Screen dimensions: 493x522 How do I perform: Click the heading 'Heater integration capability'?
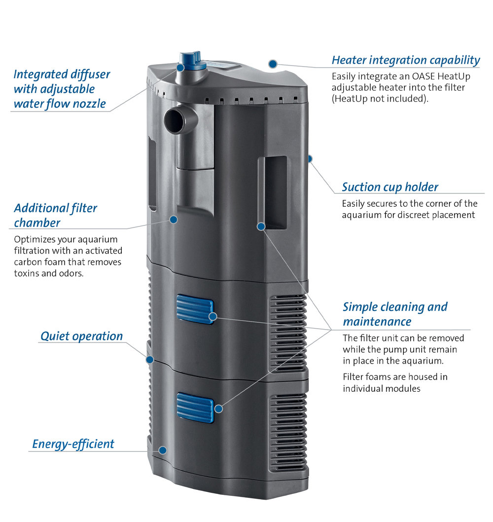point(406,60)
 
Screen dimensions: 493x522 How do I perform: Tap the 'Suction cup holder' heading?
point(390,187)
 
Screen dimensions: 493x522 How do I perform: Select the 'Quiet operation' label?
point(82,336)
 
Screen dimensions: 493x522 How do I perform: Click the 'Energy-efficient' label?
point(73,444)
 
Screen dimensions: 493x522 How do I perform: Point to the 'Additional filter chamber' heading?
point(55,216)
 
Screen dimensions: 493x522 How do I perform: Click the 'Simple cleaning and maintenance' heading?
point(395,314)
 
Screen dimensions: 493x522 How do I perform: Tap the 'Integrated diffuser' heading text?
point(62,74)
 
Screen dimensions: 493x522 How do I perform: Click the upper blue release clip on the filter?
point(195,309)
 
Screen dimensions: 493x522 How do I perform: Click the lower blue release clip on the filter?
point(195,408)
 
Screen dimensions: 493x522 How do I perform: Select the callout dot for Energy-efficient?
point(162,450)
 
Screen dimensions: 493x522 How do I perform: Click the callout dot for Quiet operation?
point(150,360)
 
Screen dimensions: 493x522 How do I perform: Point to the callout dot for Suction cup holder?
point(310,159)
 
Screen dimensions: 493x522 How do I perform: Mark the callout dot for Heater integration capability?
point(273,64)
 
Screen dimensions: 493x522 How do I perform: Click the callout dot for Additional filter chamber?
point(174,220)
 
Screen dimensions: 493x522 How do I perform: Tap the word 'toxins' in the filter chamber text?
point(25,273)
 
